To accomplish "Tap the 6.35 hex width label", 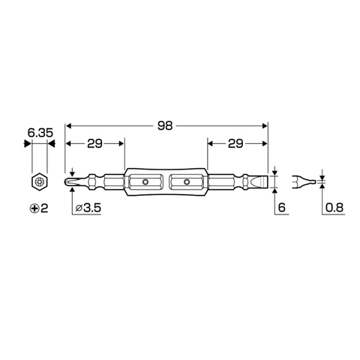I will (x=37, y=133).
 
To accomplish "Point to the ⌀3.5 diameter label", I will (x=89, y=207).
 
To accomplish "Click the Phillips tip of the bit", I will (x=72, y=181).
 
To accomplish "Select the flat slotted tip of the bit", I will (x=262, y=181).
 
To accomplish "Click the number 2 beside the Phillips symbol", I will (x=45, y=207).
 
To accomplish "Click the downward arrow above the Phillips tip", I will (x=72, y=169).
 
